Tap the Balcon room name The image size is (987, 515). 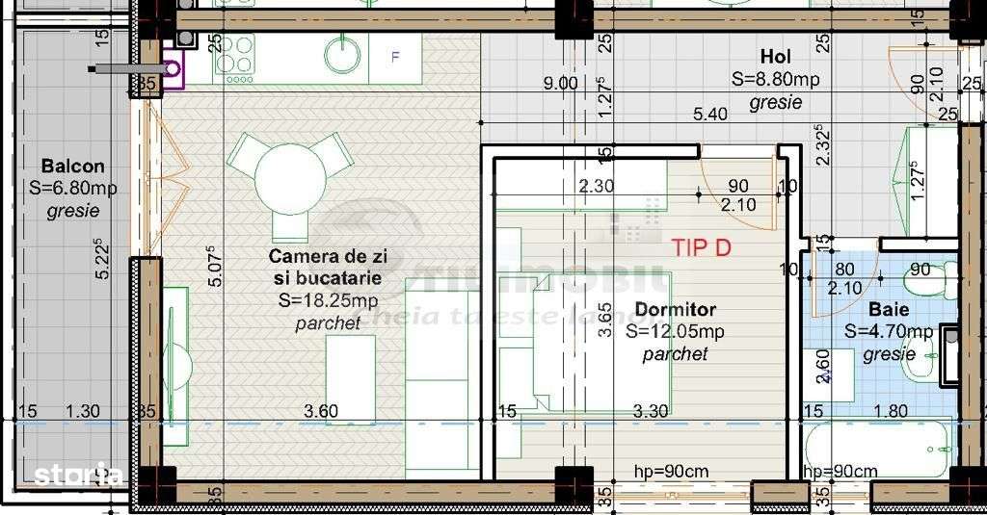tap(73, 167)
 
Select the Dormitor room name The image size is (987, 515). tap(675, 310)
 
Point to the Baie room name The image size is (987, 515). tap(888, 310)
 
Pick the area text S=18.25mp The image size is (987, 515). tap(328, 300)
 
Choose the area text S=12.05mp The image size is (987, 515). tap(675, 332)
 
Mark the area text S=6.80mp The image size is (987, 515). tap(73, 189)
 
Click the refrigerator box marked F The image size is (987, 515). tap(394, 57)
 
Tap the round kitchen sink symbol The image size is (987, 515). tap(342, 56)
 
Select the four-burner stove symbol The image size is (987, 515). tap(235, 55)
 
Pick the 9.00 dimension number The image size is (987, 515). tap(560, 84)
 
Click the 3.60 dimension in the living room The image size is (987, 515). tap(321, 412)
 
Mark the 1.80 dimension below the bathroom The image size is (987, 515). tap(891, 412)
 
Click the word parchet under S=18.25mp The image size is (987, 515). tap(328, 323)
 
